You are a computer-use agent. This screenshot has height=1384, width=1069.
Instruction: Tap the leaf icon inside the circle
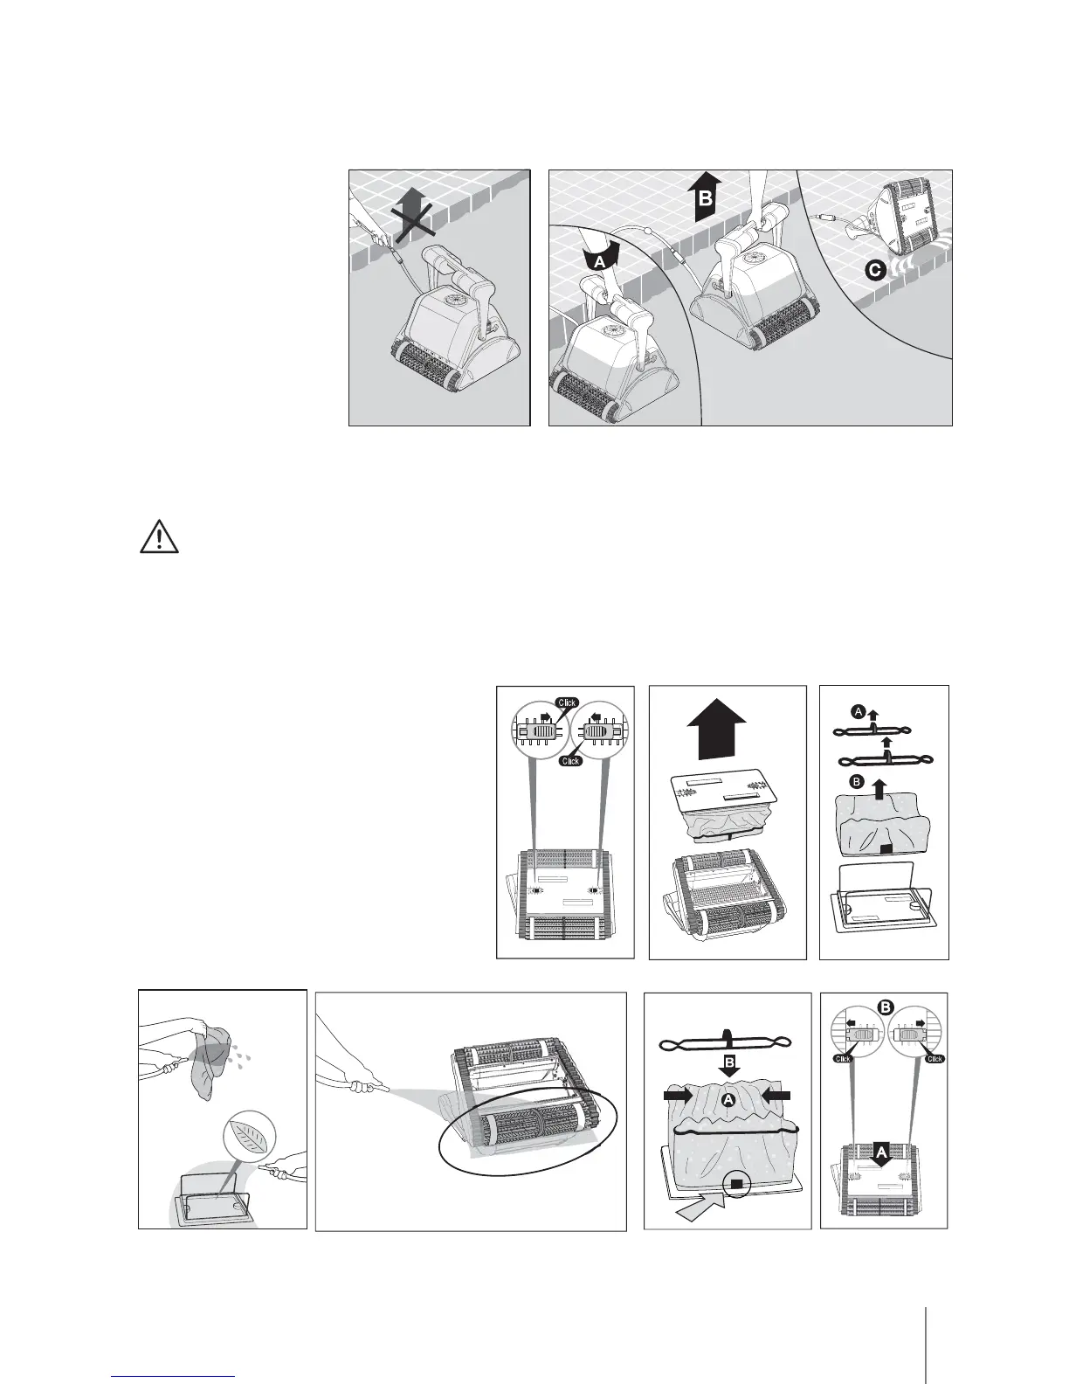pos(249,1141)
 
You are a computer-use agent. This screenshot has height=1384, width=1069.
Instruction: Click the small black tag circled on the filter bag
pos(736,1184)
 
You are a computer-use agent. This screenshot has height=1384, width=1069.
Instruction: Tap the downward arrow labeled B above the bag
pos(727,1063)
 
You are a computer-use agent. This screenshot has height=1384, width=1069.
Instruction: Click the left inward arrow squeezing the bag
pos(677,1093)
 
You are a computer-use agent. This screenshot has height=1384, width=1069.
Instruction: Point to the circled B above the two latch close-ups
pos(886,1007)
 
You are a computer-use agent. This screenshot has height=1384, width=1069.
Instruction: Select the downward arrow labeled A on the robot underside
pos(881,1156)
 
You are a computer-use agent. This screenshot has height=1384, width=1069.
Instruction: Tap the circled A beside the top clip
pos(858,712)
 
